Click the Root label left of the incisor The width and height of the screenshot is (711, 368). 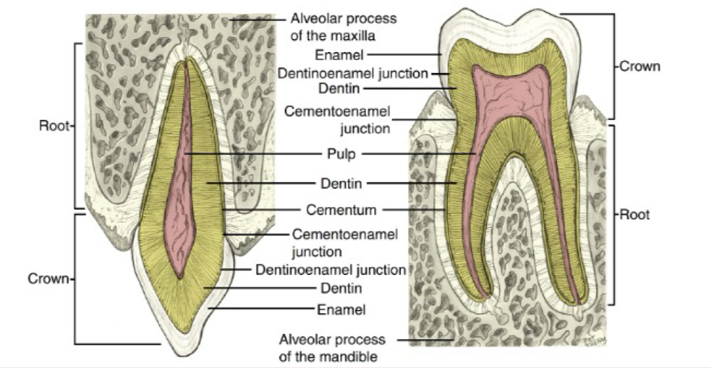tap(54, 128)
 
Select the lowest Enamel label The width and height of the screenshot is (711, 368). tap(341, 310)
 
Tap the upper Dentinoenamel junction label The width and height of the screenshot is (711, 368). tap(352, 73)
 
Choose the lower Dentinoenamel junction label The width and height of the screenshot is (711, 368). tap(330, 269)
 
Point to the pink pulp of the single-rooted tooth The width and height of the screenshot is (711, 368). tap(185, 194)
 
